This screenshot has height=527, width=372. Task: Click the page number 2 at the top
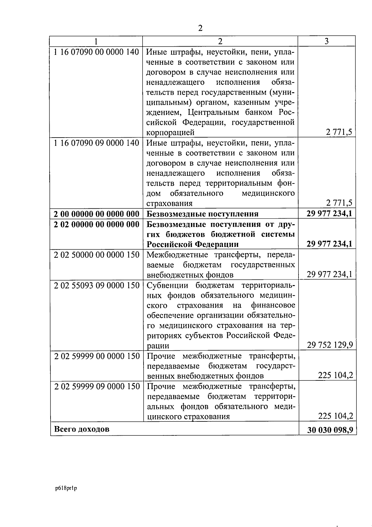(x=200, y=28)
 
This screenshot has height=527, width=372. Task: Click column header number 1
(x=96, y=41)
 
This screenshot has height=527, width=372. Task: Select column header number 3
(x=326, y=41)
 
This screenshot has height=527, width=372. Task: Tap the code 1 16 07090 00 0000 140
(x=96, y=52)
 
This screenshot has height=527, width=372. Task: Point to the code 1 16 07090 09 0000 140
(x=96, y=143)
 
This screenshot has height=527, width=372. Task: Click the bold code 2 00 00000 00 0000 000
(x=96, y=214)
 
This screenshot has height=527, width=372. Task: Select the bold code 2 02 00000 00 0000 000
(x=96, y=224)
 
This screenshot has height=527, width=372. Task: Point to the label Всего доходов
(x=82, y=429)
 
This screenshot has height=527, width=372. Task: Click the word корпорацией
(x=170, y=133)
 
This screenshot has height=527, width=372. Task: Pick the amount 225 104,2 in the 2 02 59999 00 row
(x=335, y=375)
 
